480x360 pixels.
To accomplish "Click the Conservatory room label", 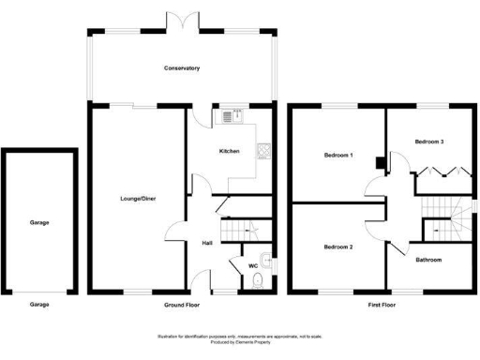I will pyautogui.click(x=182, y=68).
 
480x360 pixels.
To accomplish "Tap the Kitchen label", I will pyautogui.click(x=230, y=151).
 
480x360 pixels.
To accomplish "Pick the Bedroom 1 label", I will pyautogui.click(x=337, y=155).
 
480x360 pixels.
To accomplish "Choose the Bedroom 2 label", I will pyautogui.click(x=337, y=247).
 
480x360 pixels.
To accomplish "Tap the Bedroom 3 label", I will pyautogui.click(x=428, y=141).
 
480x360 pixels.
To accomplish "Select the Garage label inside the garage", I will pyautogui.click(x=38, y=222).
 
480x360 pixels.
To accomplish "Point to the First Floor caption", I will pyautogui.click(x=381, y=305).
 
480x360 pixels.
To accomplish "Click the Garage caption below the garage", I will pyautogui.click(x=38, y=305).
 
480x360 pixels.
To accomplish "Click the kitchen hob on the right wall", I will pyautogui.click(x=265, y=151).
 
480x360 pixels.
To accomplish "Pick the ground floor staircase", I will pyautogui.click(x=241, y=229).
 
